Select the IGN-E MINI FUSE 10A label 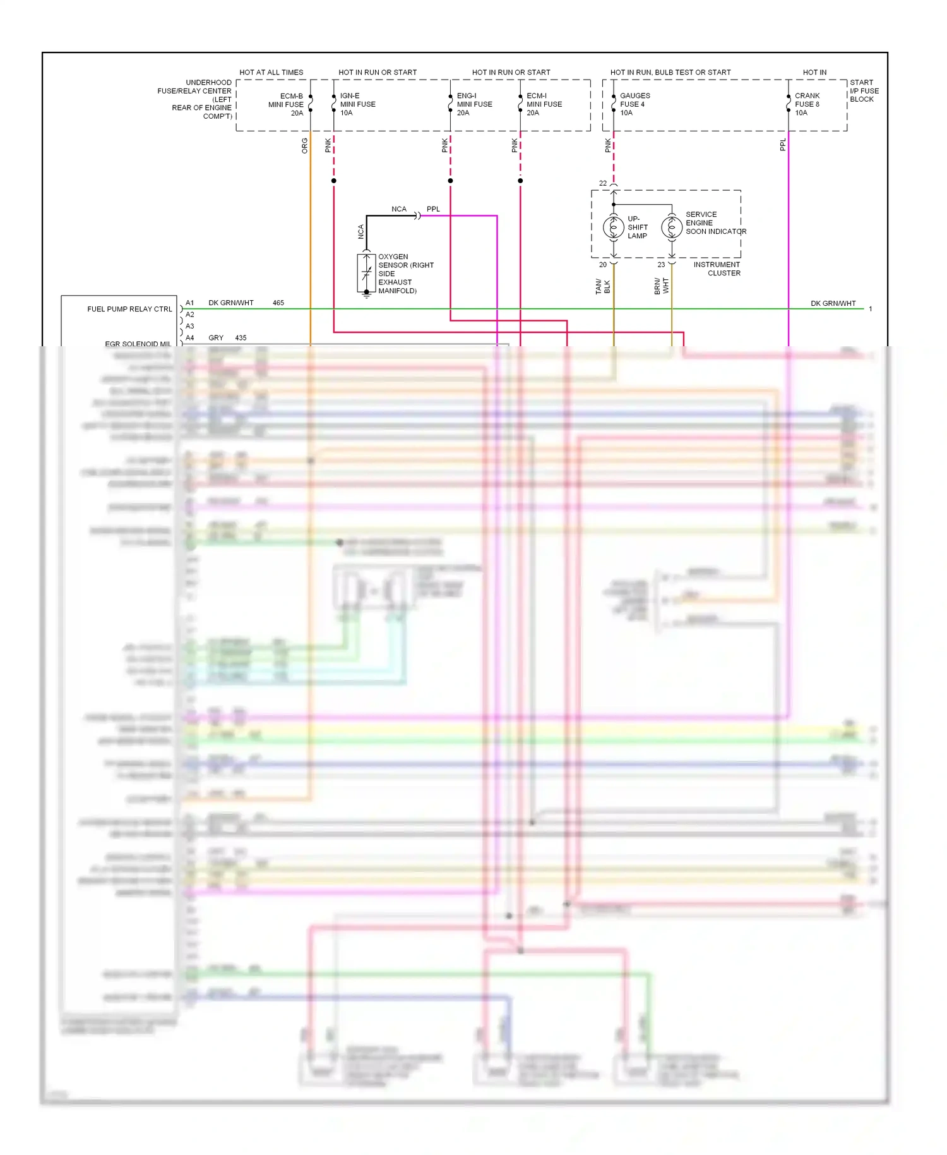357,104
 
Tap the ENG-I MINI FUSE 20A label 474,104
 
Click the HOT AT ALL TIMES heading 271,72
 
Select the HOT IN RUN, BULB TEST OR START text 670,72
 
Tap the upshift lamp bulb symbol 613,227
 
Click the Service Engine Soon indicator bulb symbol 671,227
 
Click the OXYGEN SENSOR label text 405,274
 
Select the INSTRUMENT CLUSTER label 717,269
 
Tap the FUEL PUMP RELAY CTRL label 129,309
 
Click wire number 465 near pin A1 278,303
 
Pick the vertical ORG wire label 304,146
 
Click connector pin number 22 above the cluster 602,183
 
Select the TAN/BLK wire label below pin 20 602,286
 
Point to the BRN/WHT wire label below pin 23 661,286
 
